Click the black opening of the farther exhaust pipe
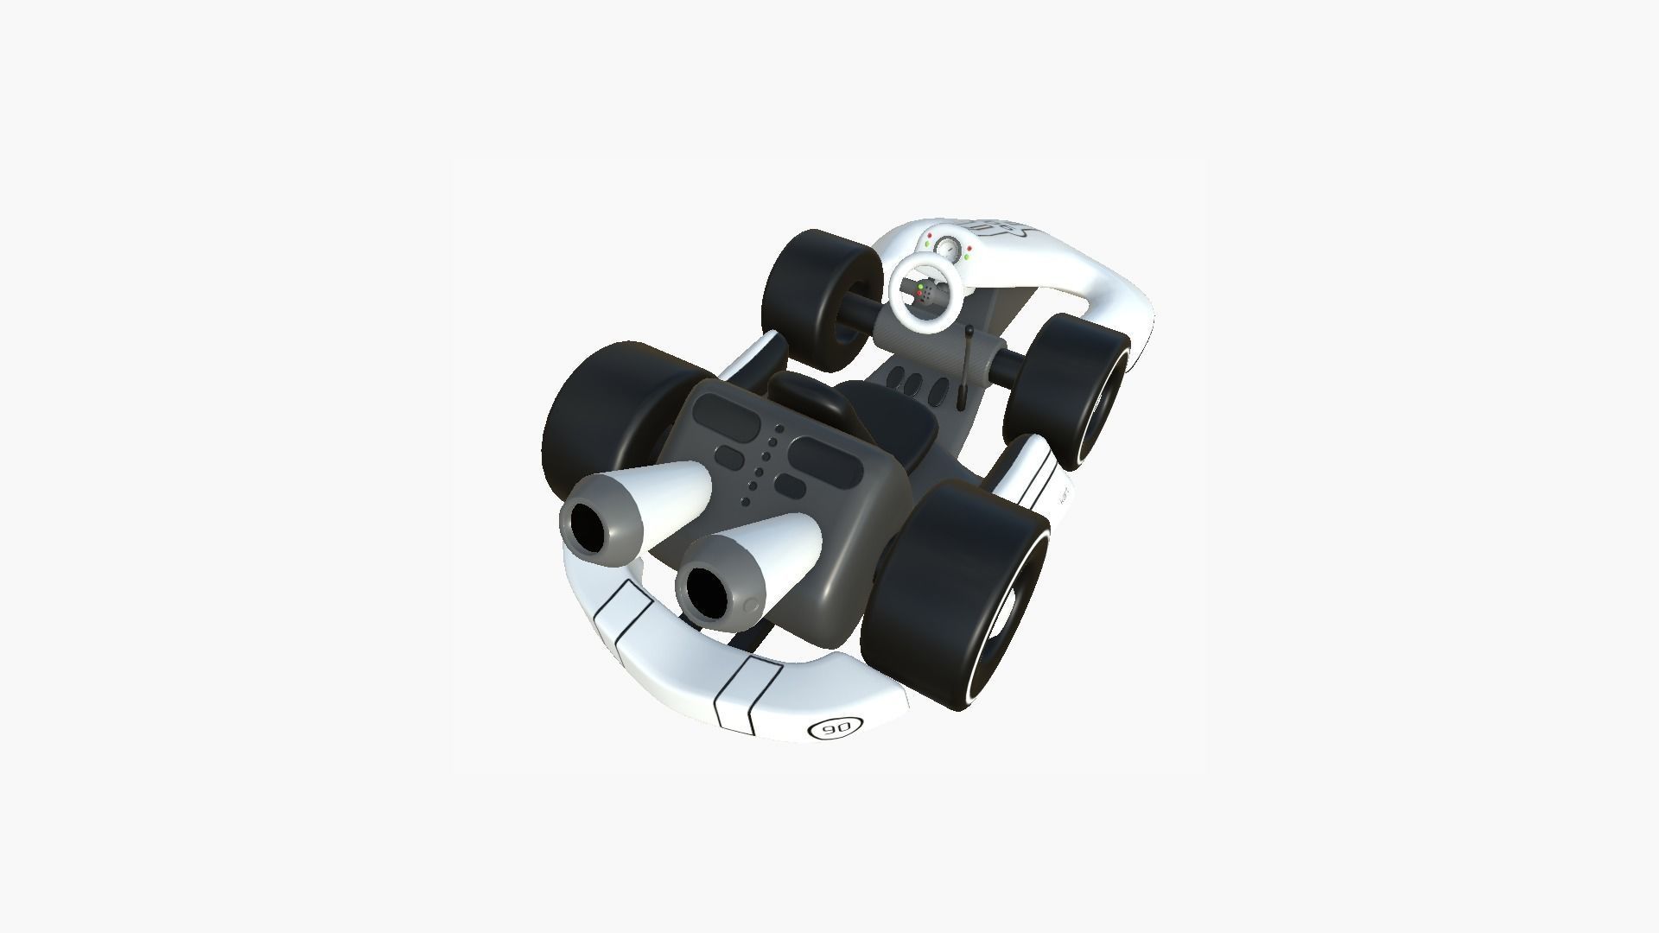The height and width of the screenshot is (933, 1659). (x=590, y=528)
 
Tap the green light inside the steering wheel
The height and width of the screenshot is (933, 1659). (x=921, y=286)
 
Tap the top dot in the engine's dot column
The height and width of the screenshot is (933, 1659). (x=779, y=428)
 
